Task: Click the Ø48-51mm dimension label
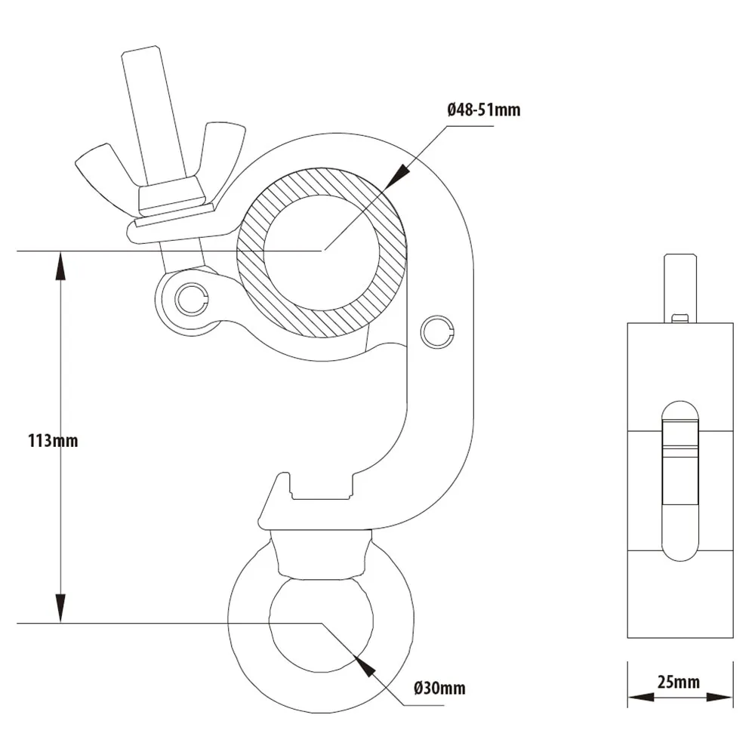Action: [x=484, y=110]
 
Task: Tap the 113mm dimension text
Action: [x=52, y=440]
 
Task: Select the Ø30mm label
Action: [x=439, y=688]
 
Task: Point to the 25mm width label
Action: [x=678, y=683]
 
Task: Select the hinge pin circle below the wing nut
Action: [x=190, y=299]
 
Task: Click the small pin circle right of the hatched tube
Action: [x=437, y=330]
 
